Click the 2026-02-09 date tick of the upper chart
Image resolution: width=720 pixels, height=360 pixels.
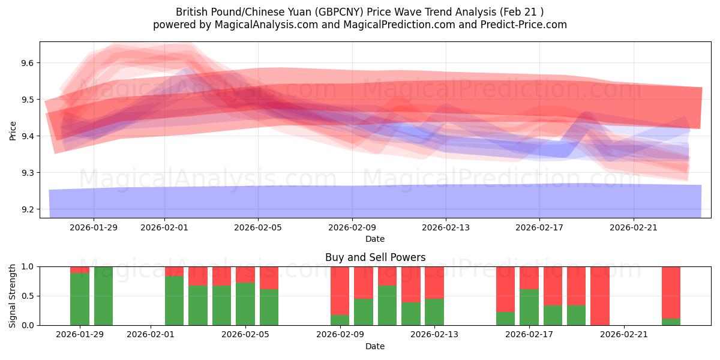352,227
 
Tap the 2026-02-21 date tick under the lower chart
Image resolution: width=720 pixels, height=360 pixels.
624,335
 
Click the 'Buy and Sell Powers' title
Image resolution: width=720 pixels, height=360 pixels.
375,257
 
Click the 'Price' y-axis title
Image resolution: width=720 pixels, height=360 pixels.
13,130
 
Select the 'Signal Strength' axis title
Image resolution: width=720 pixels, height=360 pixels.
13,295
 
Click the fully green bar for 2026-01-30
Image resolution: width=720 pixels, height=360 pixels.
103,296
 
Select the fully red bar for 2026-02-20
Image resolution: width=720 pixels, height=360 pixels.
600,296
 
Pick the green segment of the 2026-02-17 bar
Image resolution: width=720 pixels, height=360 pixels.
529,307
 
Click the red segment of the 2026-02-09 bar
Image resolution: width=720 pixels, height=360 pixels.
340,290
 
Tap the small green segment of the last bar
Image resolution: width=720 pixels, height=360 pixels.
671,322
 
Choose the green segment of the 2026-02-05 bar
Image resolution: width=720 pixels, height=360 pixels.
269,307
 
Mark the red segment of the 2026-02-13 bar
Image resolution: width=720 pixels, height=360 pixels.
434,282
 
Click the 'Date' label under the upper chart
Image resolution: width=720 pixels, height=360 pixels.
375,239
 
